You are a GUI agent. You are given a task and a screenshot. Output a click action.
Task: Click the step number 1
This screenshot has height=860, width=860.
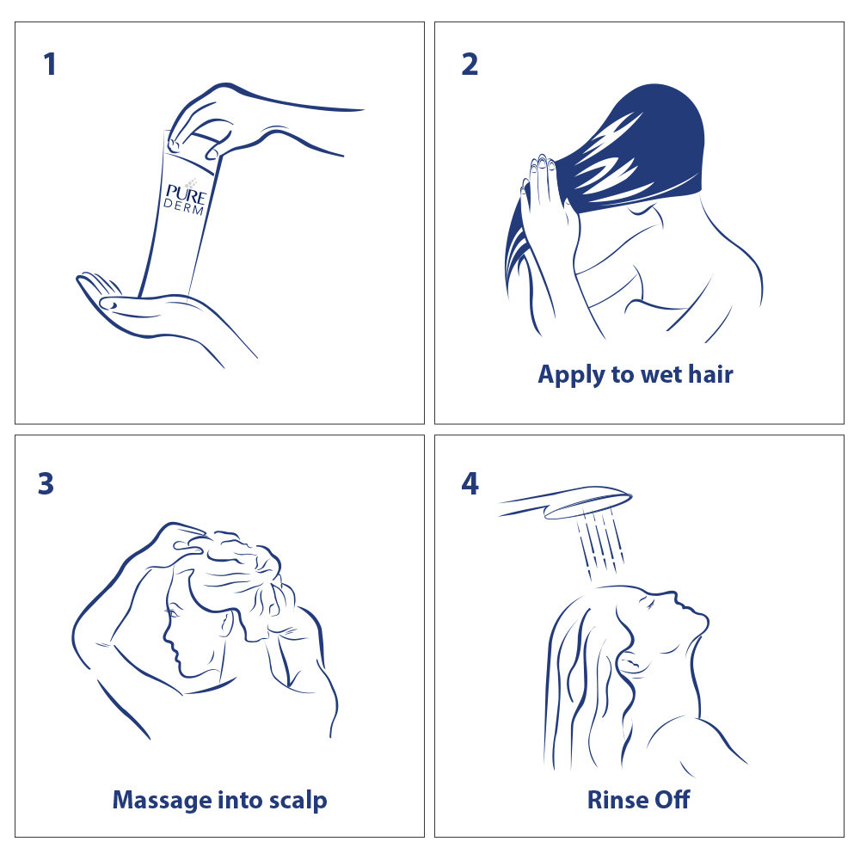[x=50, y=64]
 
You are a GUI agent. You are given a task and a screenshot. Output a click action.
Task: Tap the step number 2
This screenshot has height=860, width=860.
[x=470, y=64]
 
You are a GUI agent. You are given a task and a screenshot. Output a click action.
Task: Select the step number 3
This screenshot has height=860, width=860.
[x=46, y=483]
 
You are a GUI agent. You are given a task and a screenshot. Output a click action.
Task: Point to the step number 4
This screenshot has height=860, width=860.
[x=470, y=483]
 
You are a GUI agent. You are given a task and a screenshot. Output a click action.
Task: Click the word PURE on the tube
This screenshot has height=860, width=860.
[x=186, y=194]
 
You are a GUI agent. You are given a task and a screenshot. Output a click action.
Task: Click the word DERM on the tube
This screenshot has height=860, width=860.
[x=184, y=206]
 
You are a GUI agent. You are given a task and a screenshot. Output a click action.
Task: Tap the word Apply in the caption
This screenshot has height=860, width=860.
[x=570, y=376]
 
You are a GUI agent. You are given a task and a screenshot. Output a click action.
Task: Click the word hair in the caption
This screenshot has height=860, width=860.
[x=710, y=374]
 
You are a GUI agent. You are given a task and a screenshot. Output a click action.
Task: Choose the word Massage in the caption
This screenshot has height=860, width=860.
[x=162, y=801]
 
